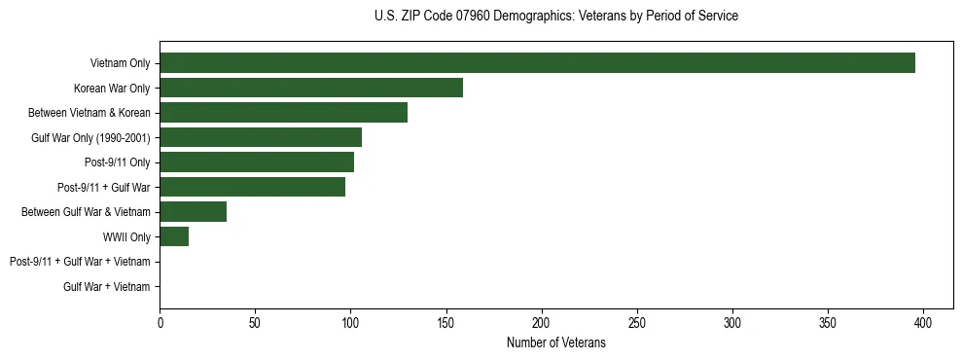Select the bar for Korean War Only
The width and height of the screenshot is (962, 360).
(311, 88)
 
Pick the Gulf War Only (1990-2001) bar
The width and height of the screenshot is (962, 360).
(261, 137)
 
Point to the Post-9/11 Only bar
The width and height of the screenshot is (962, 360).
(257, 162)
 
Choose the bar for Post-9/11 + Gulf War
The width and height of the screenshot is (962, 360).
(253, 187)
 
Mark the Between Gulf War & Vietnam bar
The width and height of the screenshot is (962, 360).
(193, 212)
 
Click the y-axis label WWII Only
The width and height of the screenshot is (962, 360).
(126, 236)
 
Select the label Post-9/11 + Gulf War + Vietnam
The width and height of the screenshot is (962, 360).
(80, 262)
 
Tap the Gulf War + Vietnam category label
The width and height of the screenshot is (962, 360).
(107, 287)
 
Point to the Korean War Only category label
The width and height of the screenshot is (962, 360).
(112, 89)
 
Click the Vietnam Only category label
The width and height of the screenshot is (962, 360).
(120, 63)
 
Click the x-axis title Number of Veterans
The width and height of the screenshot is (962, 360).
(555, 342)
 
